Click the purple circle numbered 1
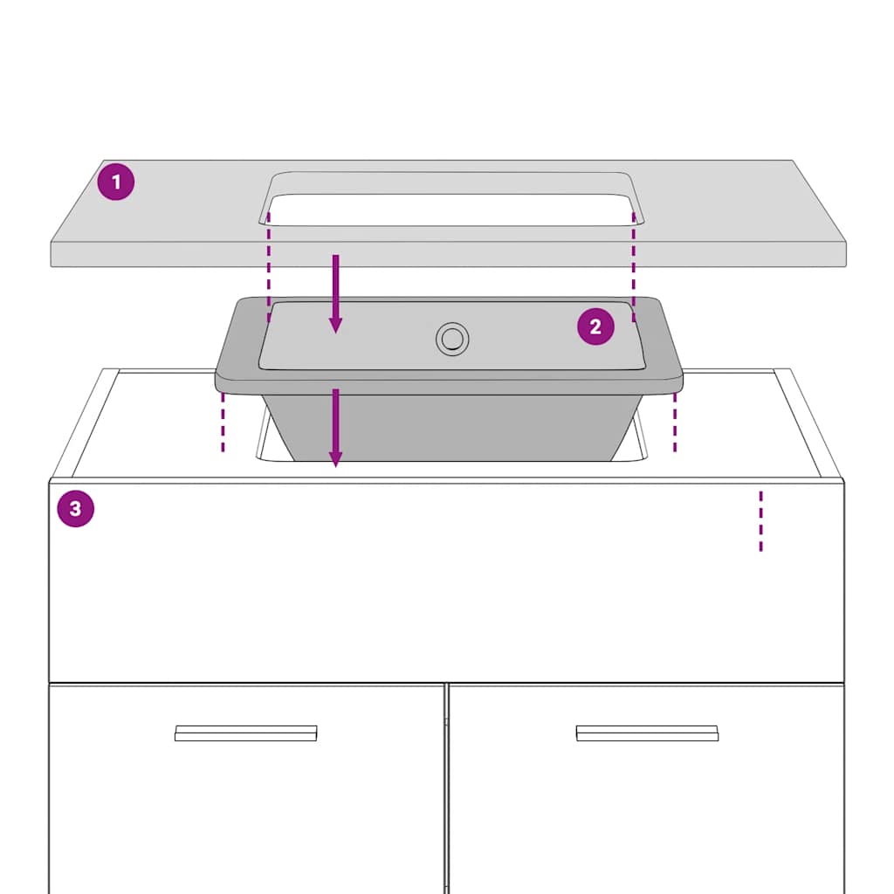(x=116, y=182)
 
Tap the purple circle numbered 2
(x=595, y=327)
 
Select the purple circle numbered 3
(x=76, y=509)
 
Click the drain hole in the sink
(x=453, y=339)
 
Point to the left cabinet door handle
(x=245, y=733)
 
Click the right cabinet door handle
(x=647, y=733)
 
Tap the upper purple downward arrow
(x=336, y=293)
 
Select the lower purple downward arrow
(x=336, y=428)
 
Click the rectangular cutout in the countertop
(x=452, y=210)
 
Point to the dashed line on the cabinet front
(x=760, y=521)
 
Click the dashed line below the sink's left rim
(x=223, y=423)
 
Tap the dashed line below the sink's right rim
(x=675, y=423)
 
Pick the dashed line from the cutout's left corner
(x=269, y=267)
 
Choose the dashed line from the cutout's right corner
(x=634, y=267)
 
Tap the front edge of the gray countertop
(x=448, y=254)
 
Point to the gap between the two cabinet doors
(x=446, y=789)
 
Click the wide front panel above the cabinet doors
(x=446, y=582)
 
